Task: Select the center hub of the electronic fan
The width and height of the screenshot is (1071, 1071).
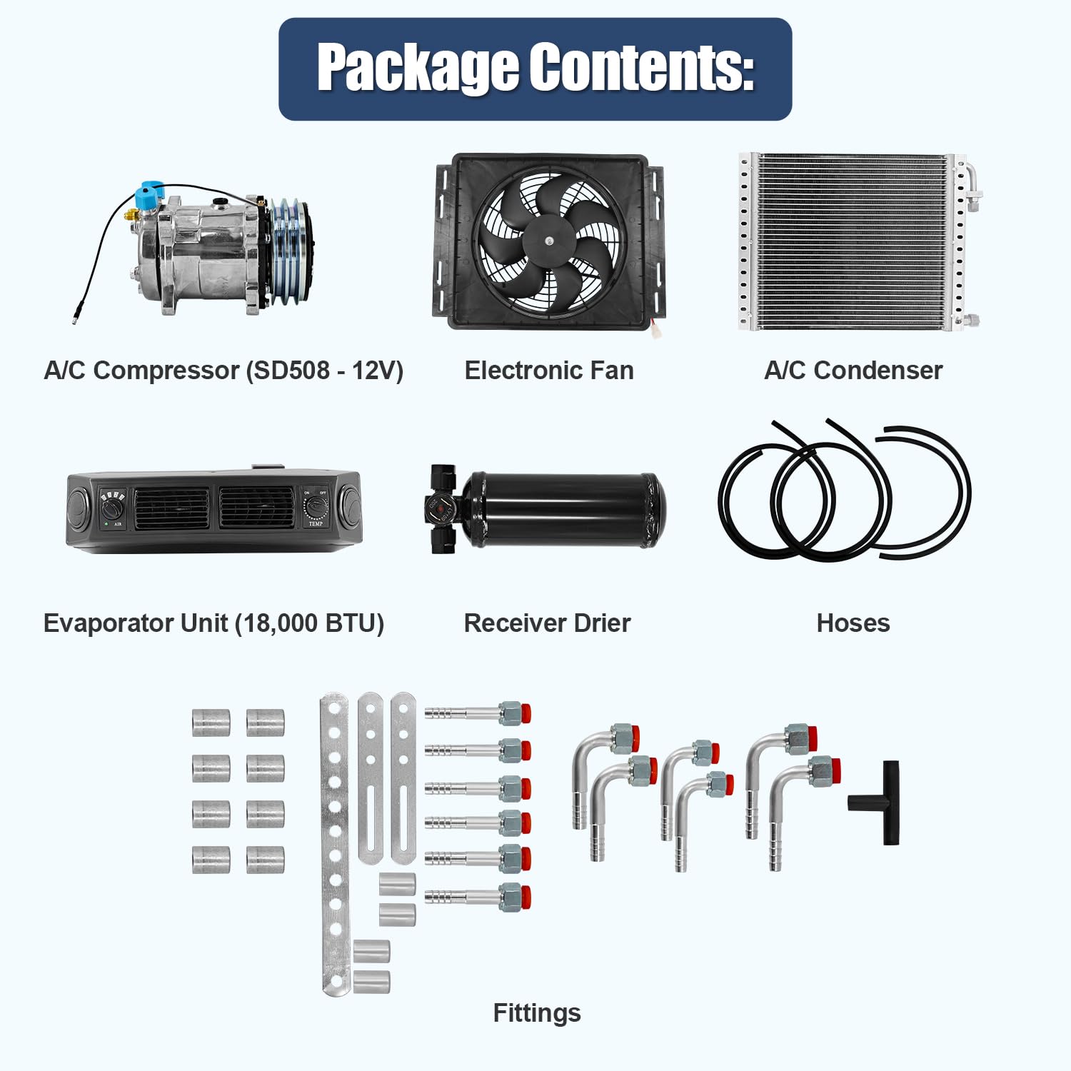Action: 548,241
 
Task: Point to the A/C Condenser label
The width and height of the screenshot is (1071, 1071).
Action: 853,371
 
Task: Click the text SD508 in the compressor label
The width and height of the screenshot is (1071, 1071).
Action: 291,371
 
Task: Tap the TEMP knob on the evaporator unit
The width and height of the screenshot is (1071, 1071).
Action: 315,508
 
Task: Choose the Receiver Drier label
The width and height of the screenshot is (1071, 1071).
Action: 547,623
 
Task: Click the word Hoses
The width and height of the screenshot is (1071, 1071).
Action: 853,623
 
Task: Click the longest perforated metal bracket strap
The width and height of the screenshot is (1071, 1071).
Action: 334,843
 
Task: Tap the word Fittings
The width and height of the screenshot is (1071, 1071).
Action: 537,1013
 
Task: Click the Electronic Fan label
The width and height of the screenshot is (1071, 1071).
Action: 549,371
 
